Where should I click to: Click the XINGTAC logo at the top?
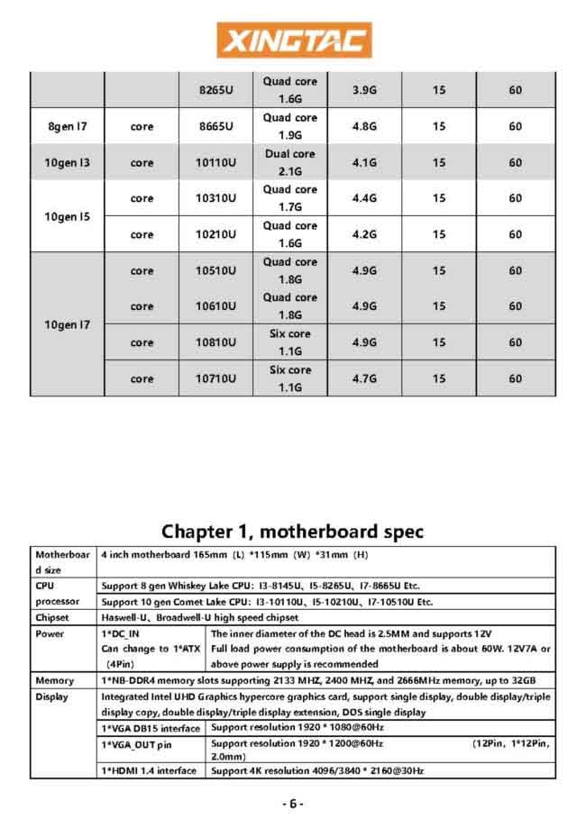294,41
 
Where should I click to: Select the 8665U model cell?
216,127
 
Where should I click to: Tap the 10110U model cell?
216,163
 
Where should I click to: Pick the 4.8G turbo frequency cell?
364,127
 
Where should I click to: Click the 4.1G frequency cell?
364,163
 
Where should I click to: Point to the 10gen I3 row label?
68,163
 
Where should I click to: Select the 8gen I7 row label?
68,127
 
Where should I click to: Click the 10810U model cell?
216,342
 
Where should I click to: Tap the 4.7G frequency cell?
364,378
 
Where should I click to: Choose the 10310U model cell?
216,198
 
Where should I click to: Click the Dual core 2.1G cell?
290,163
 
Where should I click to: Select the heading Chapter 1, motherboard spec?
293,531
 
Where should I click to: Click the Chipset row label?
52,618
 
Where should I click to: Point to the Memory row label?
54,679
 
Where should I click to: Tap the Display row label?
51,696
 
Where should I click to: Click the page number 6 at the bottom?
293,803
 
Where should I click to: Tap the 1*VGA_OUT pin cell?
136,744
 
